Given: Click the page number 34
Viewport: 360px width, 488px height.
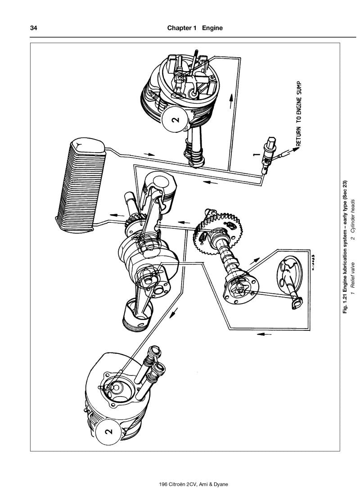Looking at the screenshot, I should point(33,28).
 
